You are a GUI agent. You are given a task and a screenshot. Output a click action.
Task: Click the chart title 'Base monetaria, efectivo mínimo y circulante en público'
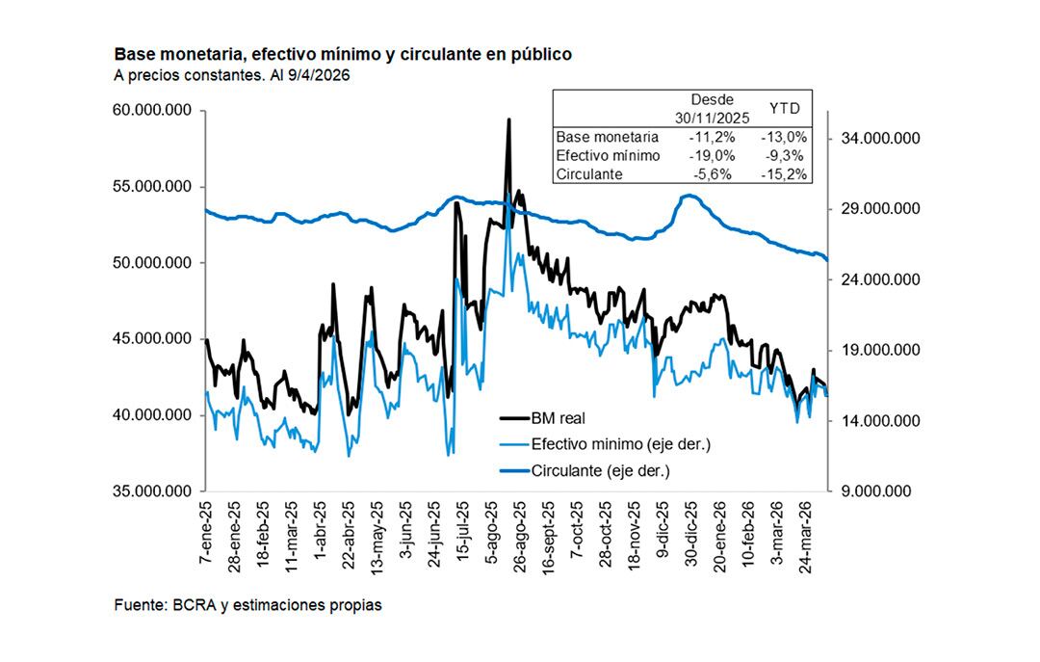343,55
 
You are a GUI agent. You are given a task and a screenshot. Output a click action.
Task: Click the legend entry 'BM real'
558,418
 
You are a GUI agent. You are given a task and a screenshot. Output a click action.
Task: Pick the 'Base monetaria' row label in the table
607,137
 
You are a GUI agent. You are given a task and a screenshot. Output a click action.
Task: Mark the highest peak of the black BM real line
508,120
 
